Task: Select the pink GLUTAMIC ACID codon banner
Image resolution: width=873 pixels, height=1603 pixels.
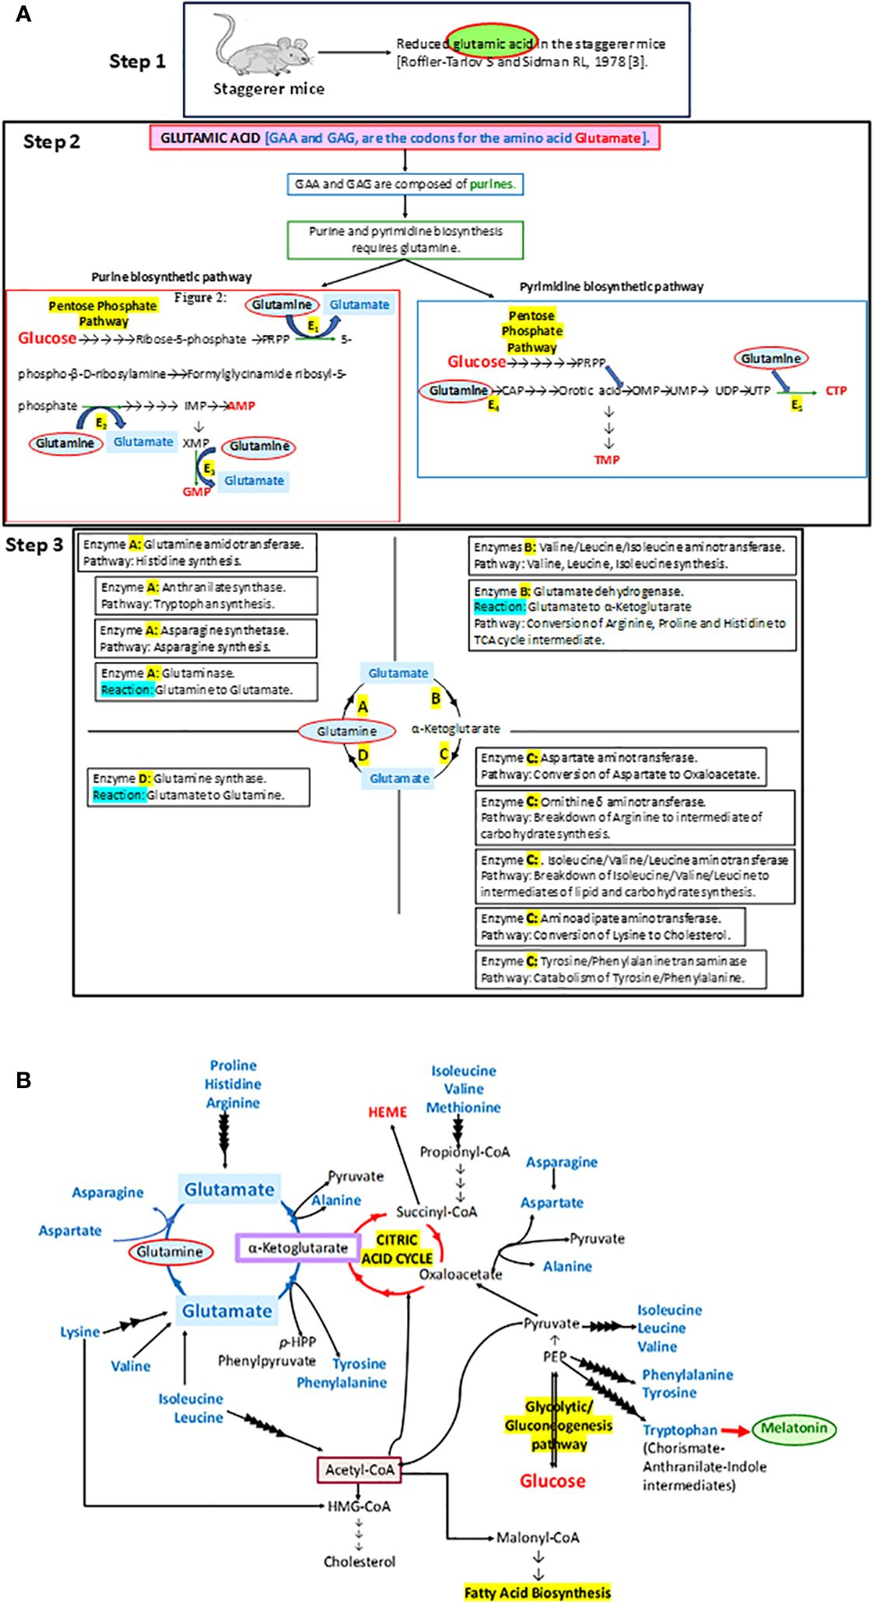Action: (x=405, y=138)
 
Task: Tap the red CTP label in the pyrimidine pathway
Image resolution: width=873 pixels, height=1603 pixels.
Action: (x=836, y=390)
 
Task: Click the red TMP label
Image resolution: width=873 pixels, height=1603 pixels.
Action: (x=607, y=460)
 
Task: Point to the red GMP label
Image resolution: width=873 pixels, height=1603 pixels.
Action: (x=195, y=492)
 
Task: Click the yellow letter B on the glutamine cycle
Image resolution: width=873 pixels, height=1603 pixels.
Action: (x=436, y=698)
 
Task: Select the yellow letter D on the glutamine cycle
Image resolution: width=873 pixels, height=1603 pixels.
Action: (x=363, y=754)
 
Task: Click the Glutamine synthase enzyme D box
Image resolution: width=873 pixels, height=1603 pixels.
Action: (x=198, y=786)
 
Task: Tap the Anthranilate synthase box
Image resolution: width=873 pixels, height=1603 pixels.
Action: (x=206, y=596)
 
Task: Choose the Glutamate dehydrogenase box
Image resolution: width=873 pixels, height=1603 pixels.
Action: (x=632, y=614)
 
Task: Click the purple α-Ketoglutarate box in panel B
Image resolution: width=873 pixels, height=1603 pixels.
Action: (x=297, y=1248)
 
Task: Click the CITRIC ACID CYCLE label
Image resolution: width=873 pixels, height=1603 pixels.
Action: (x=397, y=1248)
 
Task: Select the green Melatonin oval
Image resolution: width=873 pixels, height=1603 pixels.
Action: (x=794, y=1428)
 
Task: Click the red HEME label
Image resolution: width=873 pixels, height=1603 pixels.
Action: (x=387, y=1111)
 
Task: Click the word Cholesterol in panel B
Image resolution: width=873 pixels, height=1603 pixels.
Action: (x=359, y=1561)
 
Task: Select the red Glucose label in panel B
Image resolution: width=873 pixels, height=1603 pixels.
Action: (x=552, y=1480)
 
